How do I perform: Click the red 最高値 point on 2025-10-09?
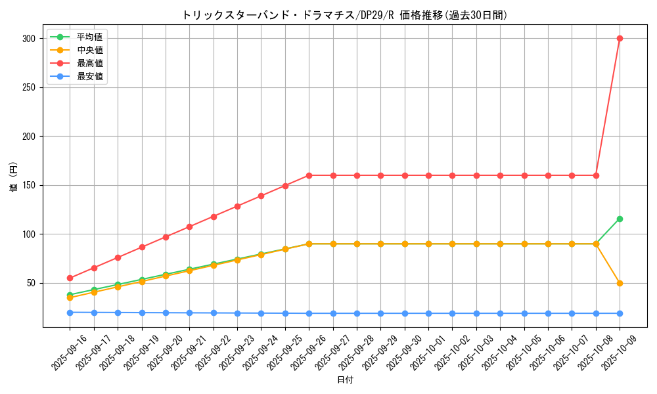click(x=620, y=38)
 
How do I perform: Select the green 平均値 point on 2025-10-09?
click(x=620, y=219)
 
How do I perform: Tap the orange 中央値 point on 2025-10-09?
click(x=620, y=283)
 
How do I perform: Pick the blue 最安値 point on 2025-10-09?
click(x=620, y=313)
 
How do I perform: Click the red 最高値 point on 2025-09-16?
click(x=70, y=278)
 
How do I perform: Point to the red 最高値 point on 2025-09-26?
click(x=309, y=175)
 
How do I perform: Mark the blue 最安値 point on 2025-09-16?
click(x=70, y=313)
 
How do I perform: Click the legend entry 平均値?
click(x=89, y=37)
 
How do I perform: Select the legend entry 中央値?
click(x=89, y=50)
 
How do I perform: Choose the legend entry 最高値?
click(x=89, y=63)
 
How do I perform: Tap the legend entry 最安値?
click(x=89, y=76)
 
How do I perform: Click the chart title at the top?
click(x=344, y=15)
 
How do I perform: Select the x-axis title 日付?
click(x=344, y=380)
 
